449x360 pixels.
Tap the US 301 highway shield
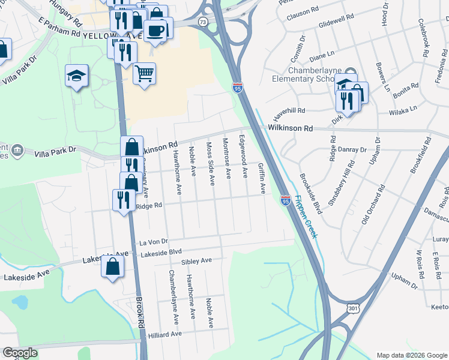pos(352,308)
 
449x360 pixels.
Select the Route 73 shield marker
pos(203,22)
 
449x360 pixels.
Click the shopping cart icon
pos(144,74)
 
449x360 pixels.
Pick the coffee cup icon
pos(157,29)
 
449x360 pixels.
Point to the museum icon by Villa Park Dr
pos(17,150)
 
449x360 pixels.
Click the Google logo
pos(20,353)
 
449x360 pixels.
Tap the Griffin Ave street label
pos(262,178)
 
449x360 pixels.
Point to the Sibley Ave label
pos(197,262)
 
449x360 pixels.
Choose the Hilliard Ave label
pos(164,334)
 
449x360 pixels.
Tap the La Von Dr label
pos(153,242)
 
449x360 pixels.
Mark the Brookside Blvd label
pos(311,194)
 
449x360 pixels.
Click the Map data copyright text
pos(411,355)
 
